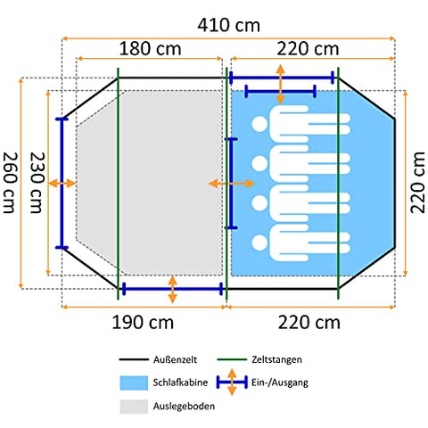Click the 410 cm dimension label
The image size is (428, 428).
(x=228, y=26)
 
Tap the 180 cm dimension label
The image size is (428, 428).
(x=150, y=49)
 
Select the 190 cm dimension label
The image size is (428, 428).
(x=143, y=323)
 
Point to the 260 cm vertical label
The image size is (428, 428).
(x=10, y=183)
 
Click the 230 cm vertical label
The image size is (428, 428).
(x=37, y=183)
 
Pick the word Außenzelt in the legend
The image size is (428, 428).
(x=175, y=359)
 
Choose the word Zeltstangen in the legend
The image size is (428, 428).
(x=276, y=359)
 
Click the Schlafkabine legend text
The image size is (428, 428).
(x=180, y=383)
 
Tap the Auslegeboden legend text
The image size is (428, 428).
(x=184, y=406)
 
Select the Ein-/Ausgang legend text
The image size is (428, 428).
(x=280, y=383)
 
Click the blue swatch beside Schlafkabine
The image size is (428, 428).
(x=134, y=383)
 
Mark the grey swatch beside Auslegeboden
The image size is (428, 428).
(x=134, y=407)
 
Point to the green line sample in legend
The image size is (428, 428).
(x=232, y=359)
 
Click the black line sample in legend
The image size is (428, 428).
(x=134, y=359)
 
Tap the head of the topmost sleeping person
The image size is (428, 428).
(x=259, y=124)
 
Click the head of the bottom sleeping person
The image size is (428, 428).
(x=259, y=243)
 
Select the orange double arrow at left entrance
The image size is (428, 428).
(x=62, y=184)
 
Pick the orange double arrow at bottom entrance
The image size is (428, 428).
(x=173, y=289)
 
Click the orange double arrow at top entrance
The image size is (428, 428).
(x=281, y=84)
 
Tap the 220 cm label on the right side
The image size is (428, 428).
(x=417, y=183)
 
